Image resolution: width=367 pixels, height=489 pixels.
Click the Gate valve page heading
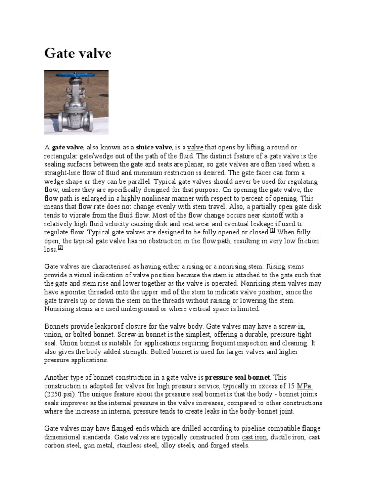[x=78, y=53]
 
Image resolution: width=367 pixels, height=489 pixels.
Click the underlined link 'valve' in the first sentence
[x=195, y=148]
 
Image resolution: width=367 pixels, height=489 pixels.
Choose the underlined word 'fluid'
[x=186, y=156]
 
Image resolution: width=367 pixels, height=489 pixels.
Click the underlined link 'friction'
[x=308, y=241]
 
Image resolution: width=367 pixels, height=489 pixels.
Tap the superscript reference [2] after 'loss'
[x=60, y=248]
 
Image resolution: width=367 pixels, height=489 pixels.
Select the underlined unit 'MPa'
[x=305, y=386]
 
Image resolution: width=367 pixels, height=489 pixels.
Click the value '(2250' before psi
[x=54, y=394]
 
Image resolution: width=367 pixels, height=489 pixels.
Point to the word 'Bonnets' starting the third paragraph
[x=57, y=326]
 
